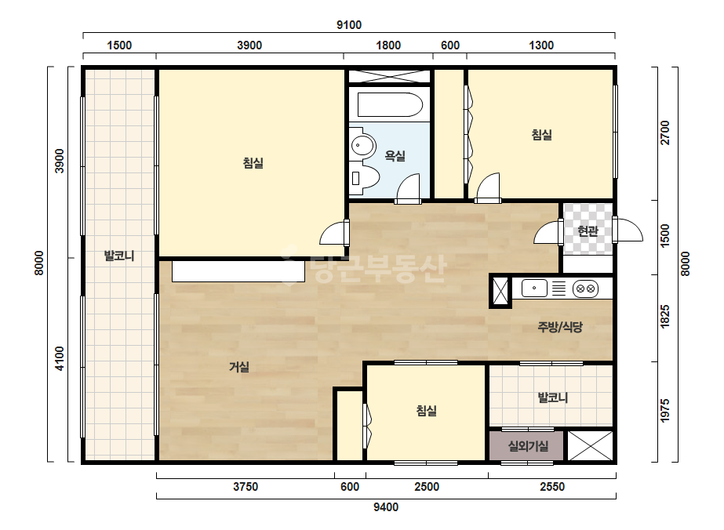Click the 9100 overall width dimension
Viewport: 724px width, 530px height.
click(348, 25)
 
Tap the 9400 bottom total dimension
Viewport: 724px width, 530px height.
click(386, 507)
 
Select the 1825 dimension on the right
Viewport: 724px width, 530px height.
click(664, 317)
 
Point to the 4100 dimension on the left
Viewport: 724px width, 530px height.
click(60, 359)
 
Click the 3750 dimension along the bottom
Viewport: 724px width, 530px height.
click(246, 487)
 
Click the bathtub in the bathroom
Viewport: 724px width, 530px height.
click(390, 105)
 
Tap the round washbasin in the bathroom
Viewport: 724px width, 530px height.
click(362, 145)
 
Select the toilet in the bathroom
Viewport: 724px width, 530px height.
click(364, 177)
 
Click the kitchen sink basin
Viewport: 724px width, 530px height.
click(534, 288)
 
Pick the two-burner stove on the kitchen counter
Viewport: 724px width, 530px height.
click(585, 289)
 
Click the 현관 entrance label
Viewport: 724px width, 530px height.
click(588, 231)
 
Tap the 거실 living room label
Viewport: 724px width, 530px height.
click(239, 367)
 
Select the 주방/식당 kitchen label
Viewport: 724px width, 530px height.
click(560, 327)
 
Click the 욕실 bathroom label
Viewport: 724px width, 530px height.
click(395, 156)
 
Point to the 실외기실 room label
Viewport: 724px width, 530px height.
click(528, 446)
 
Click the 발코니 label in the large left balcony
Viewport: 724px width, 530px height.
click(119, 256)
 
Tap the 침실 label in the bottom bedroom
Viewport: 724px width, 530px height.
click(426, 410)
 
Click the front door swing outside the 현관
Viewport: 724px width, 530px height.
click(629, 230)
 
